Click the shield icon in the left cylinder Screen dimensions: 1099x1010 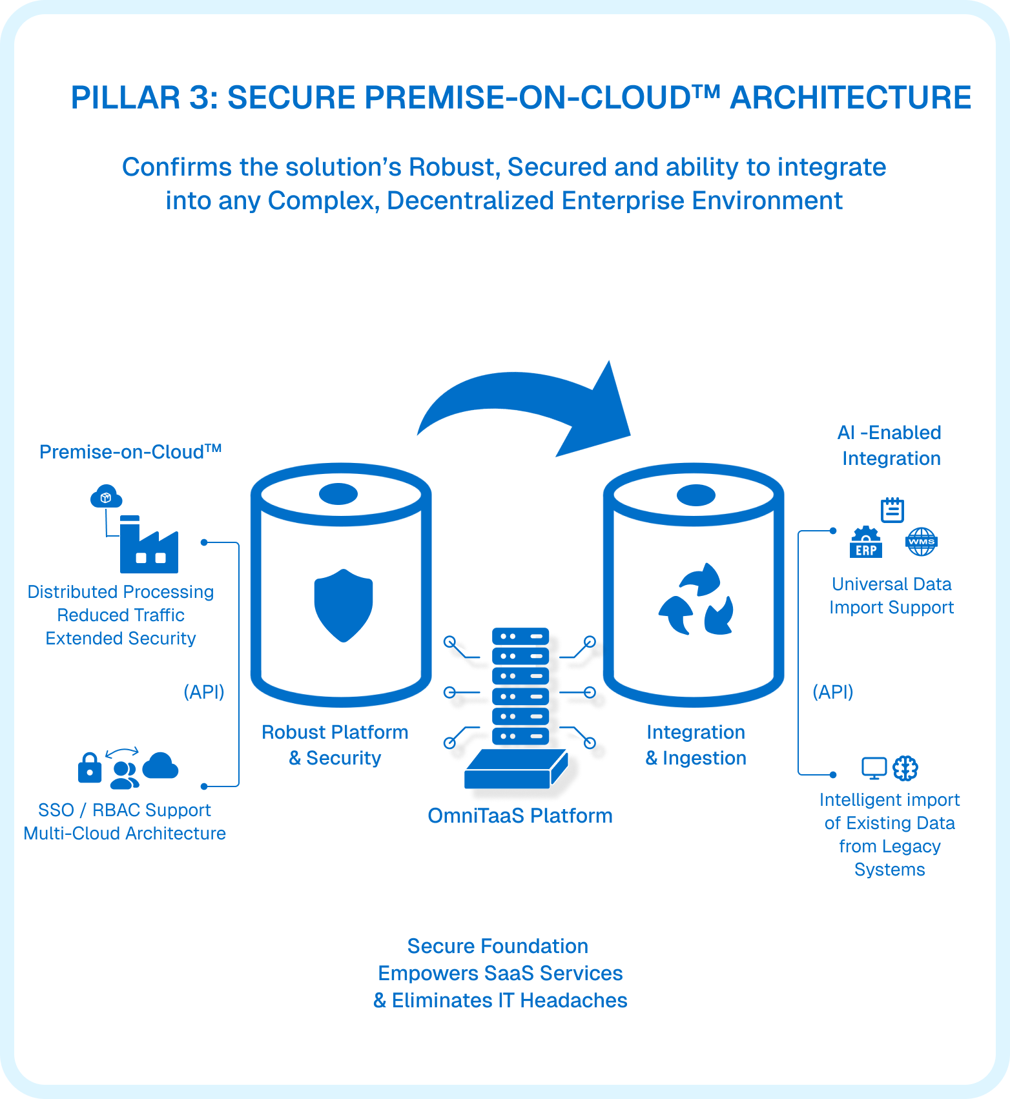point(343,605)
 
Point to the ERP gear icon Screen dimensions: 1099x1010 point(866,542)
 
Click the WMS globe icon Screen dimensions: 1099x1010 point(922,542)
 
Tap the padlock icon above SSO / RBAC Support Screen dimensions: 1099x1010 point(90,768)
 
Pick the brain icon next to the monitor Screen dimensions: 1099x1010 point(905,768)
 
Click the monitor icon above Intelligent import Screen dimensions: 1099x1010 point(874,768)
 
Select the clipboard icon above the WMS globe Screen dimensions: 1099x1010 point(892,510)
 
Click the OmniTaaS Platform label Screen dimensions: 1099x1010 point(520,816)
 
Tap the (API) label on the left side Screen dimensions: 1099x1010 point(204,692)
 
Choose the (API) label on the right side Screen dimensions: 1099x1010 point(833,692)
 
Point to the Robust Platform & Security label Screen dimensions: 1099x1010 point(335,745)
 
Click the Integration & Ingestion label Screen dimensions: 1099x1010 point(696,745)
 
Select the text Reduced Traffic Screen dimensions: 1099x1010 point(121,615)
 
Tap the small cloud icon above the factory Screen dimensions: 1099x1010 point(106,497)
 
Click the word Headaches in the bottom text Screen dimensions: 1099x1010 point(573,1000)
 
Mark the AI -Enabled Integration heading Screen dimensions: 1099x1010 point(890,445)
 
